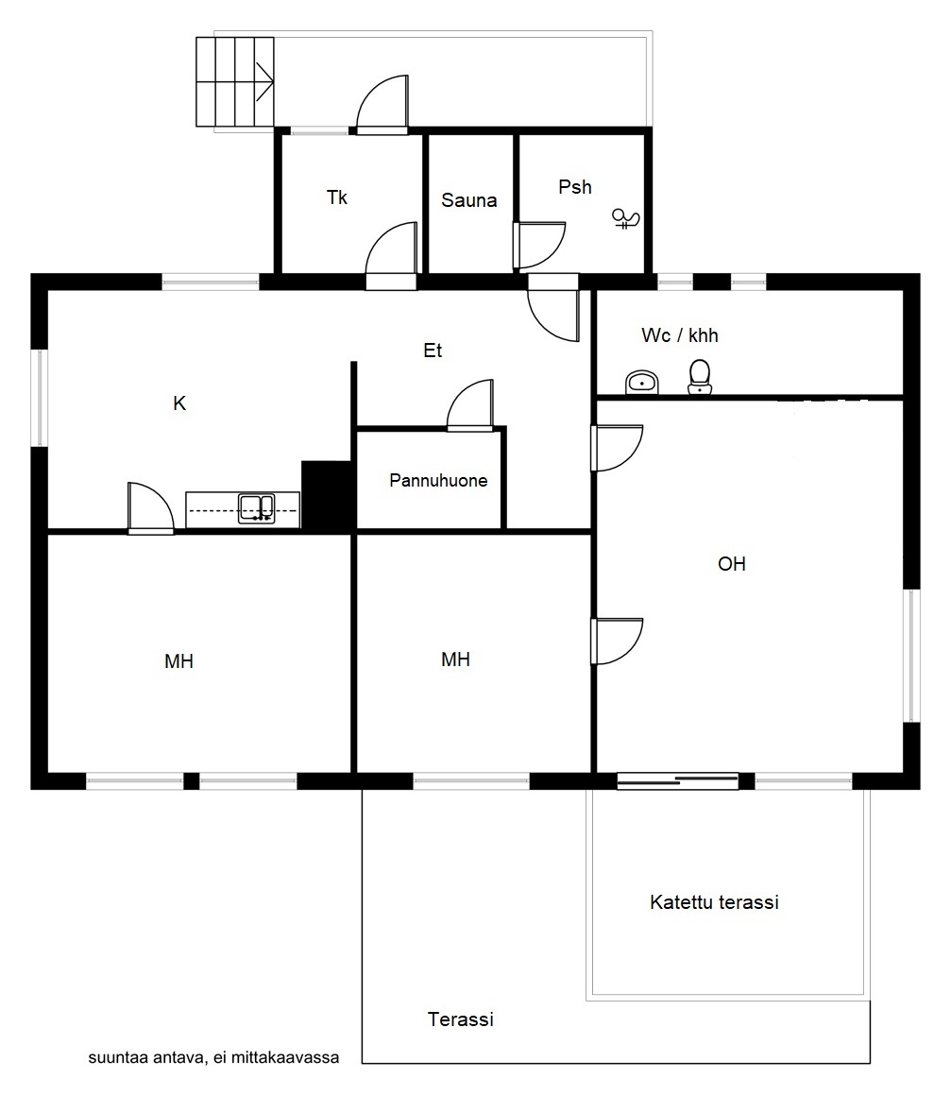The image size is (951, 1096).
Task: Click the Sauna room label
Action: (468, 200)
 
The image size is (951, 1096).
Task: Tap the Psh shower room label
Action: (574, 187)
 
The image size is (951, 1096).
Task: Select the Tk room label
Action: (337, 197)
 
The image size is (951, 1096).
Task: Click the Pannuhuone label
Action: (438, 480)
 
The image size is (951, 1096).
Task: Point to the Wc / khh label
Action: (679, 335)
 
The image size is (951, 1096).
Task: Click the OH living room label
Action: (732, 564)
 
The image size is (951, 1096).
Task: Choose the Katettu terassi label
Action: (714, 902)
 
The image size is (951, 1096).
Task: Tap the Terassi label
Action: (461, 1019)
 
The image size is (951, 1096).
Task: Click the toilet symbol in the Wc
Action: (700, 377)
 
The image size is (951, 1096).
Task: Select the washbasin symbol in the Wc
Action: (641, 383)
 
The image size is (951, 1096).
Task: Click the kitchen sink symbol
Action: (257, 509)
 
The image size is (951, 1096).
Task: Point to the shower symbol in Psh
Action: (625, 219)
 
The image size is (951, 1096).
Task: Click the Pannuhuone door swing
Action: (470, 405)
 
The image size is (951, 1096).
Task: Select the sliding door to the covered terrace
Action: (678, 780)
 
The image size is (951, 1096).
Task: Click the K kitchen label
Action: (179, 403)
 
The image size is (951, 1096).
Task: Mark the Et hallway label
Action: (433, 351)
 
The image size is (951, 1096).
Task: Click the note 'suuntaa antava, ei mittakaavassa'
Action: (213, 1057)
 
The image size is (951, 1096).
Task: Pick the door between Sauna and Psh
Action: (538, 246)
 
